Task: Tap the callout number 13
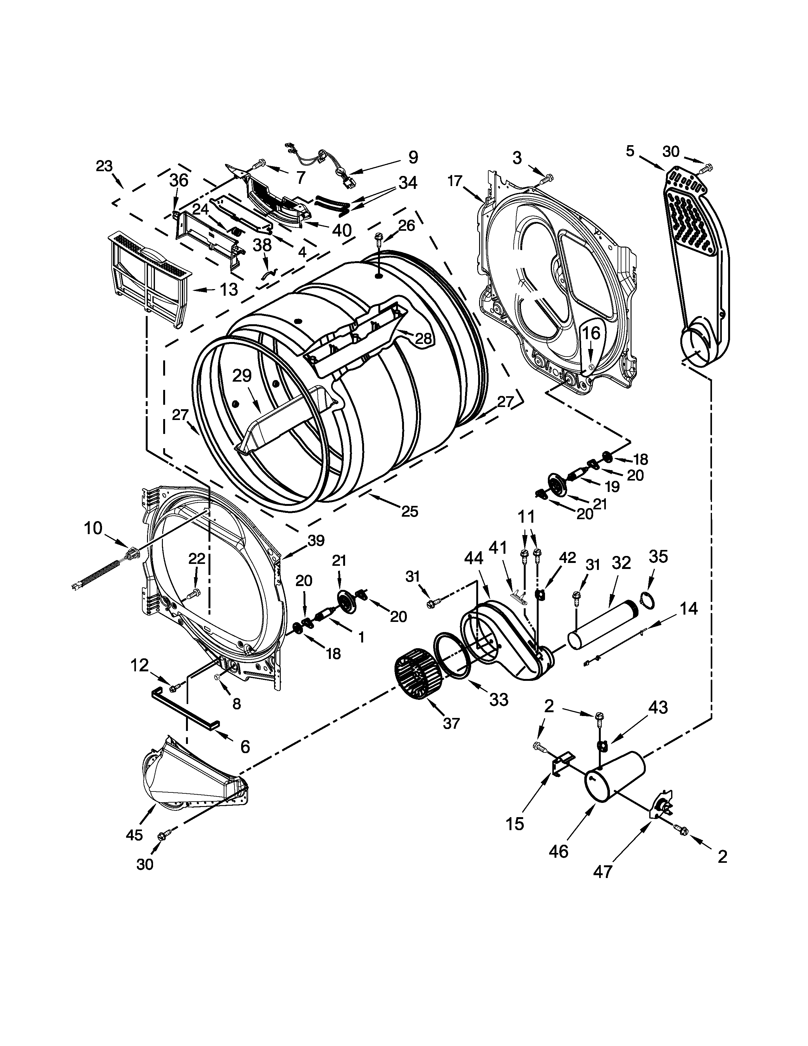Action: pyautogui.click(x=229, y=289)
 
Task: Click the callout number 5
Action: pyautogui.click(x=630, y=151)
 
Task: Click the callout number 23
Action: pyautogui.click(x=104, y=166)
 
